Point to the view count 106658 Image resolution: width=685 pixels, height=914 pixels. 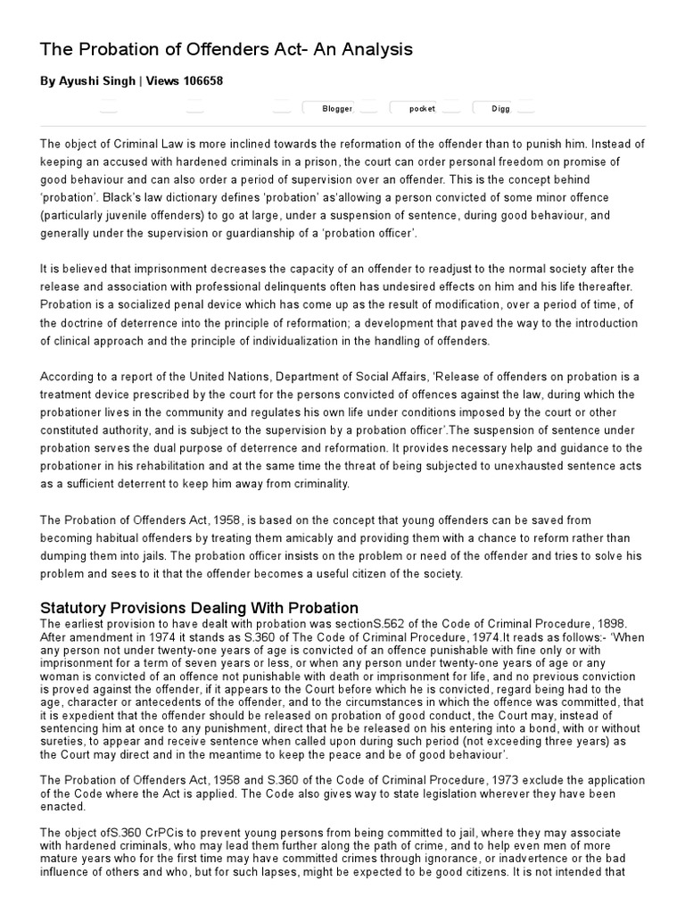point(202,81)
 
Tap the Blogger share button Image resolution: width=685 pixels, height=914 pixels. point(336,109)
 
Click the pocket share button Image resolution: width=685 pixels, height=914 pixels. point(422,109)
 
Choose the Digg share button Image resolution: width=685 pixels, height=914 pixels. point(500,109)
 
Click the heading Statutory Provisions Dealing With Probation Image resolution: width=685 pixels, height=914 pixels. point(199,608)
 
